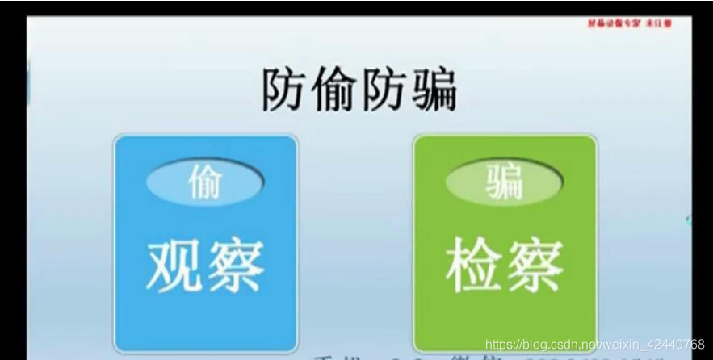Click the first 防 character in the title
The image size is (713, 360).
284,90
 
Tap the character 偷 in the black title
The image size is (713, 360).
333,90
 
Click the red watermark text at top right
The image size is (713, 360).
629,23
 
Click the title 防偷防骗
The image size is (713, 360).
359,90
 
